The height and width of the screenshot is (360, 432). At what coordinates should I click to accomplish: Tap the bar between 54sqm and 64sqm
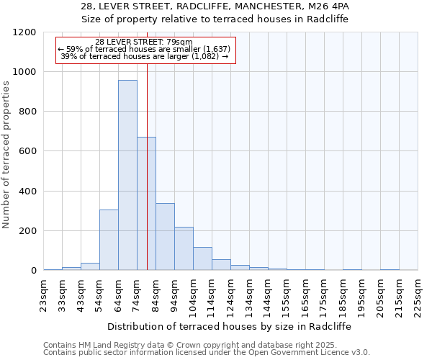pyautogui.click(x=109, y=240)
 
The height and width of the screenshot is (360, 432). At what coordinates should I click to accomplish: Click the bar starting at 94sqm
pyautogui.click(x=184, y=248)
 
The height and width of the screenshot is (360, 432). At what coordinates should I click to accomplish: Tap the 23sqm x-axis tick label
pyautogui.click(x=44, y=295)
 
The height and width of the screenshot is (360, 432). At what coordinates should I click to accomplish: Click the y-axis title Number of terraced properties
pyautogui.click(x=6, y=155)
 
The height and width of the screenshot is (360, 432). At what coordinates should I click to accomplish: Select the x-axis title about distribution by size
pyautogui.click(x=230, y=326)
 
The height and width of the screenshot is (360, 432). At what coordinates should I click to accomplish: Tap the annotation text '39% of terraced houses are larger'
pyautogui.click(x=144, y=56)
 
